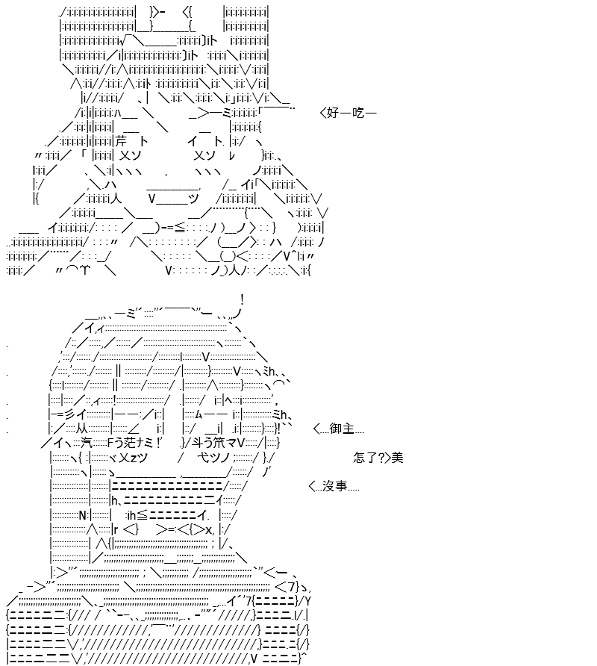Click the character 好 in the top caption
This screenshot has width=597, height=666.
pos(334,113)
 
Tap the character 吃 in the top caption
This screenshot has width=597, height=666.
pos(358,113)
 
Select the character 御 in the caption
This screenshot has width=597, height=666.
pos(336,429)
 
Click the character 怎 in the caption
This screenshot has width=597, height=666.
pos(359,458)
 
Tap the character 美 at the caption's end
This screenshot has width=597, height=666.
pos(397,458)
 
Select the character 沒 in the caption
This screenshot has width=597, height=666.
pos(328,486)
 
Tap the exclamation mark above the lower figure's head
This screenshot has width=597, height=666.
pos(242,300)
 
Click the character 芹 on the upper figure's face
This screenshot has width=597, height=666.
pos(121,141)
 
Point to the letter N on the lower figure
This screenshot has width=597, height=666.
pos(83,515)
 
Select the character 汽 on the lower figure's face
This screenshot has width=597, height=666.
pos(87,443)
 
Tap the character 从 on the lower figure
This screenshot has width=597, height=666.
pos(81,429)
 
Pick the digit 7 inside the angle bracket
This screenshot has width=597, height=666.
pos(291,588)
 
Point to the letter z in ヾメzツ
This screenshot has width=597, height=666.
pos(133,458)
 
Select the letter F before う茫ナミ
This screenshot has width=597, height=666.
pos(110,443)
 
